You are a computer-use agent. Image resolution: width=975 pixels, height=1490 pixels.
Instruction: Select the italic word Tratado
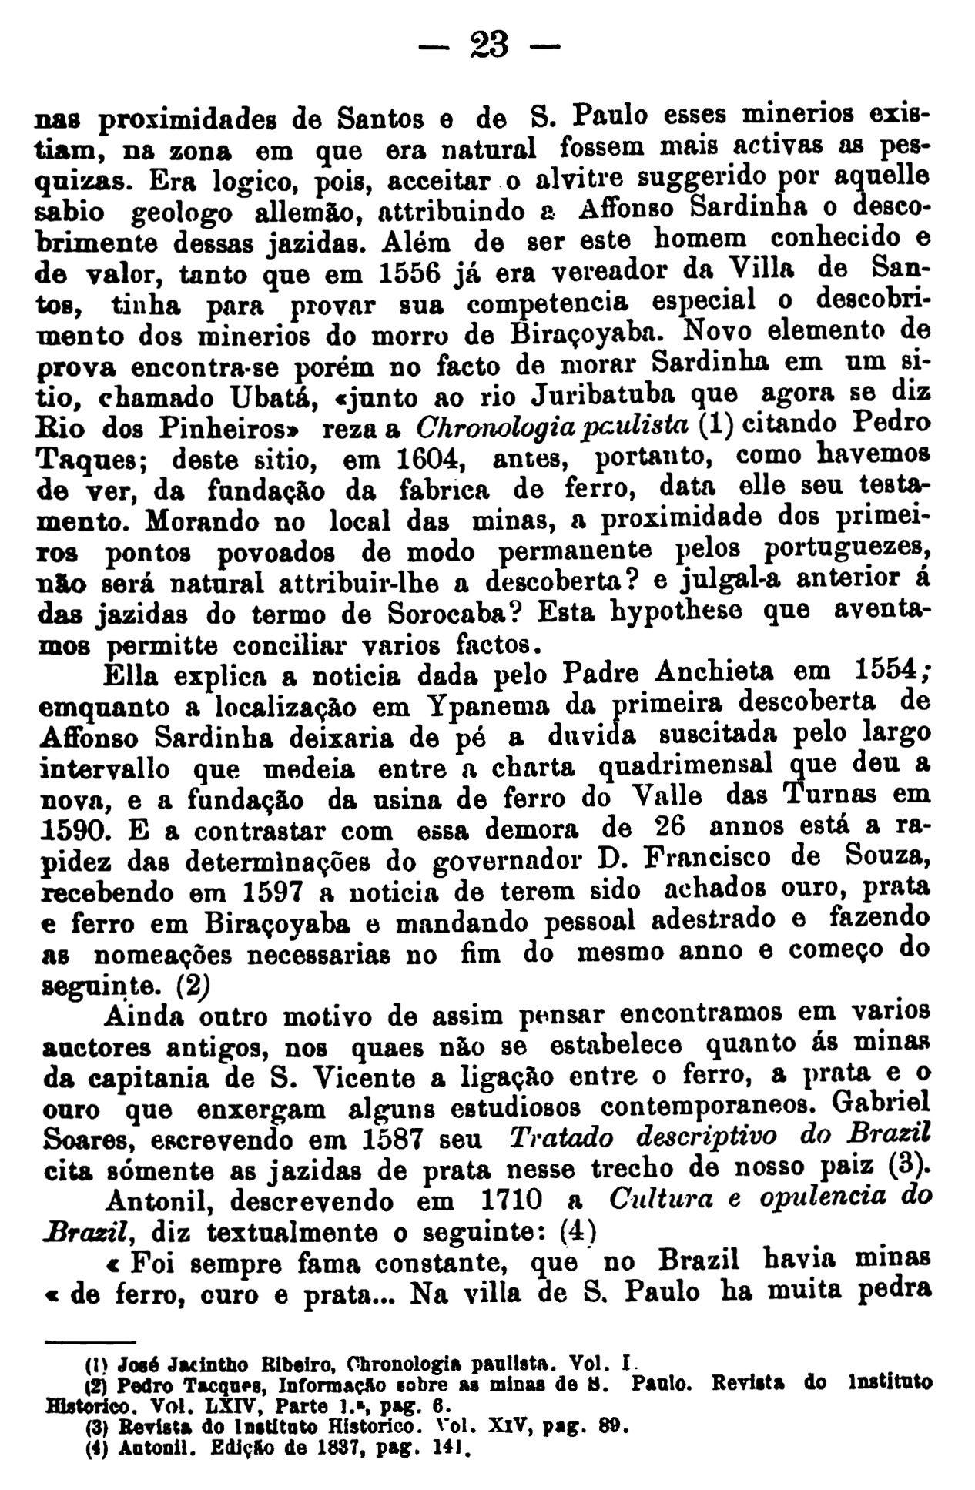coord(560,1138)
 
